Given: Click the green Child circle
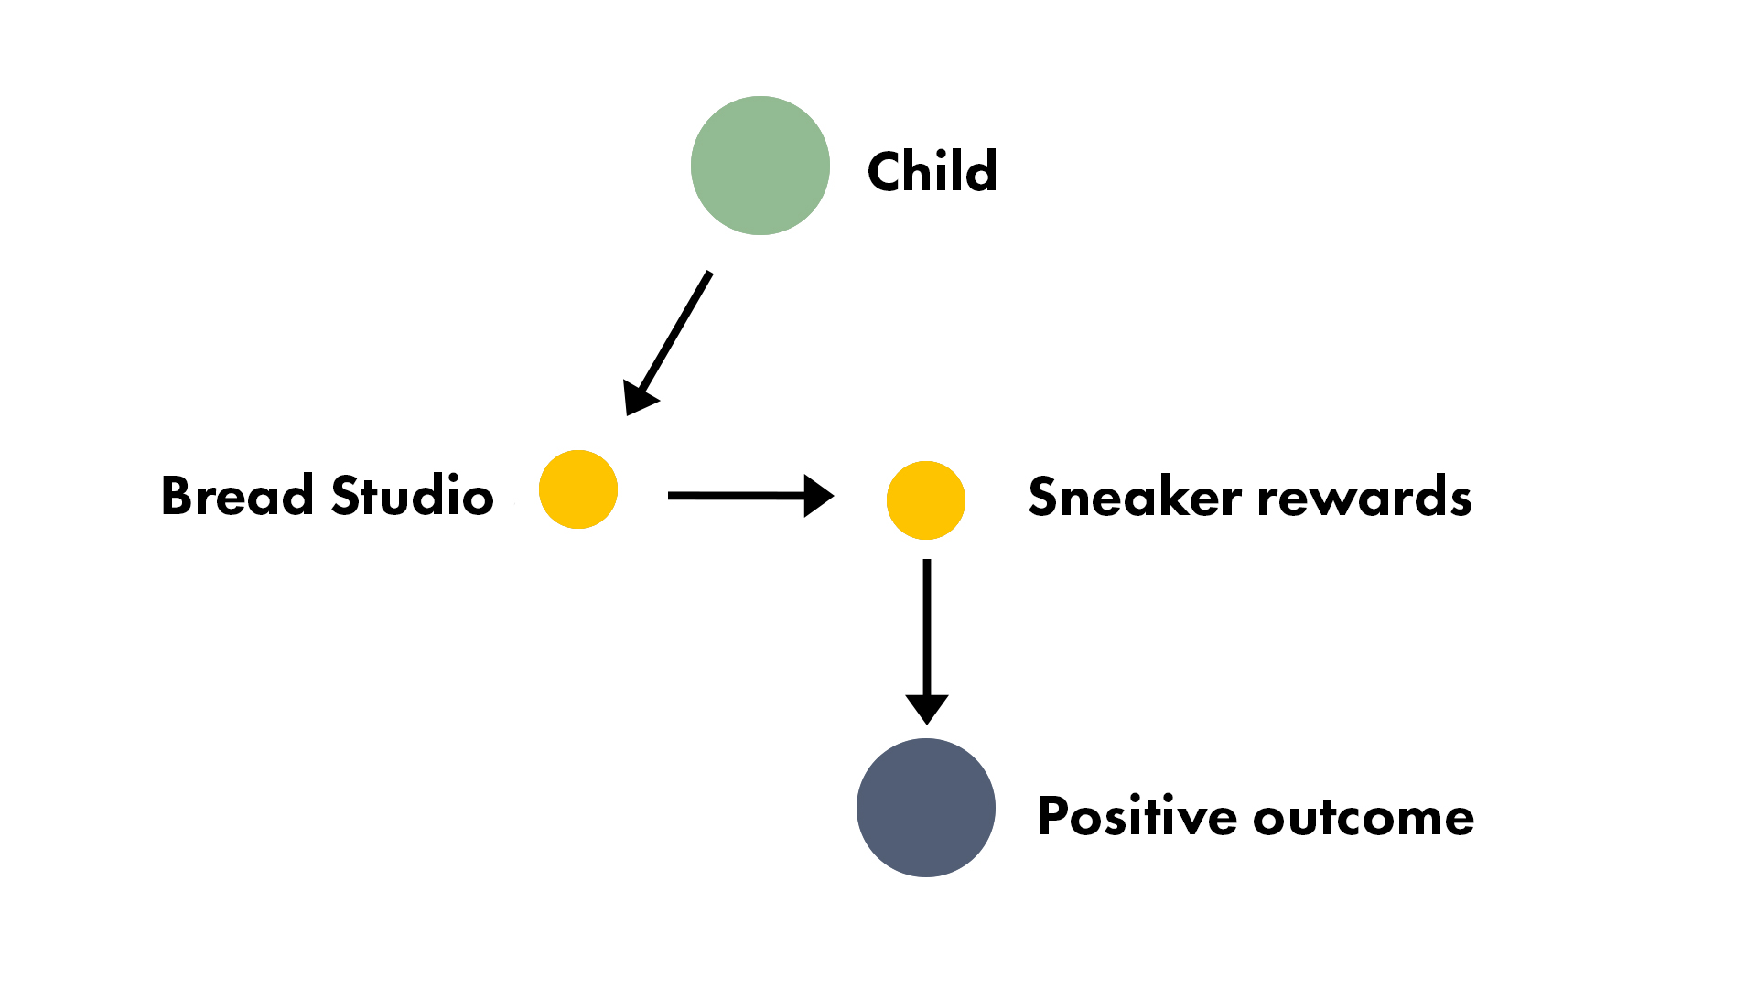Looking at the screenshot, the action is (760, 166).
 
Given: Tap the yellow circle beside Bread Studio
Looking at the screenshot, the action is (578, 489).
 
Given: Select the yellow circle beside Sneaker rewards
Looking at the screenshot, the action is (926, 500).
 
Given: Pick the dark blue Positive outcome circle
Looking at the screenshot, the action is (926, 808).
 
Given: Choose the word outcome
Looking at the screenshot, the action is (1364, 818).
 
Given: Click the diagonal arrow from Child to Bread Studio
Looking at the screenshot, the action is (667, 344).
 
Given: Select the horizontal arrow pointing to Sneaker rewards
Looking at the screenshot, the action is (751, 496).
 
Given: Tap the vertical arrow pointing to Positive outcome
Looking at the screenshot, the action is (927, 642).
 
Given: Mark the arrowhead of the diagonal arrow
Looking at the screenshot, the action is (638, 397).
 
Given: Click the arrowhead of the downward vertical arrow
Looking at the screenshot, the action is (927, 709).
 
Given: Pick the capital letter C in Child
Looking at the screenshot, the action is (887, 171).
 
